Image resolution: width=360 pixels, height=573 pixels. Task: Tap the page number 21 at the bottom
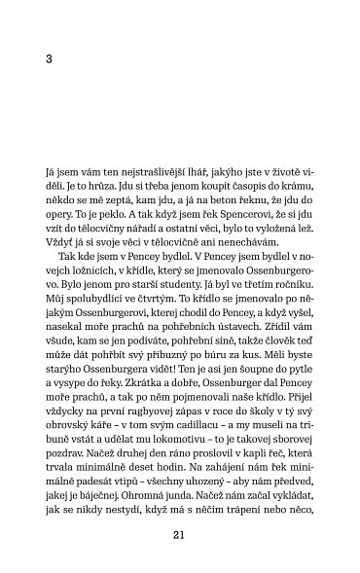tap(177, 531)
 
